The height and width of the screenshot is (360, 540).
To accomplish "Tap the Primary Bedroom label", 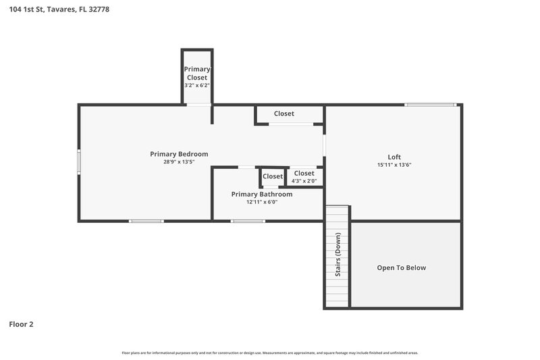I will [179, 154].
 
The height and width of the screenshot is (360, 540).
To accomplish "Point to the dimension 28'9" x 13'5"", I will [179, 162].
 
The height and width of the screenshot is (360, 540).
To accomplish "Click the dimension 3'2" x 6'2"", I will [197, 86].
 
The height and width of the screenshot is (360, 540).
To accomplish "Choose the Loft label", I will [394, 157].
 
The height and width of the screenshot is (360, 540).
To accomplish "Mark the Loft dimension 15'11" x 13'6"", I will [394, 165].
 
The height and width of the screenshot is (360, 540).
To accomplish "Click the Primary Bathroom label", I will [262, 194].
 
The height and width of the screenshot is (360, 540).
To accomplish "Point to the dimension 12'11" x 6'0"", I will [262, 202].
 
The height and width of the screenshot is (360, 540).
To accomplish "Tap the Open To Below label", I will [401, 268].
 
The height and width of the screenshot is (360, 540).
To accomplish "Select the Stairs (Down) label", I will [337, 255].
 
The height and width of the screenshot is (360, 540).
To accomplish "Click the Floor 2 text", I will [21, 324].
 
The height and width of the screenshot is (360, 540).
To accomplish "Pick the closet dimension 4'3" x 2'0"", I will [304, 180].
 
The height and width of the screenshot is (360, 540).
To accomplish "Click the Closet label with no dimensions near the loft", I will [283, 113].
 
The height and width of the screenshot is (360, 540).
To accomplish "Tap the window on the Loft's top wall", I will [430, 105].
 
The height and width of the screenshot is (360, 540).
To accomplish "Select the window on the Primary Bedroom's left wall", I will [79, 162].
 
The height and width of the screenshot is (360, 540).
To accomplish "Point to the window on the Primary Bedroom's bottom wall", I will [146, 221].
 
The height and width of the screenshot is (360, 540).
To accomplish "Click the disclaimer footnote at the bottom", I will [270, 353].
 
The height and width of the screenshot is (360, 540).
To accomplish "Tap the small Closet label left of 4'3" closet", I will [273, 176].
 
